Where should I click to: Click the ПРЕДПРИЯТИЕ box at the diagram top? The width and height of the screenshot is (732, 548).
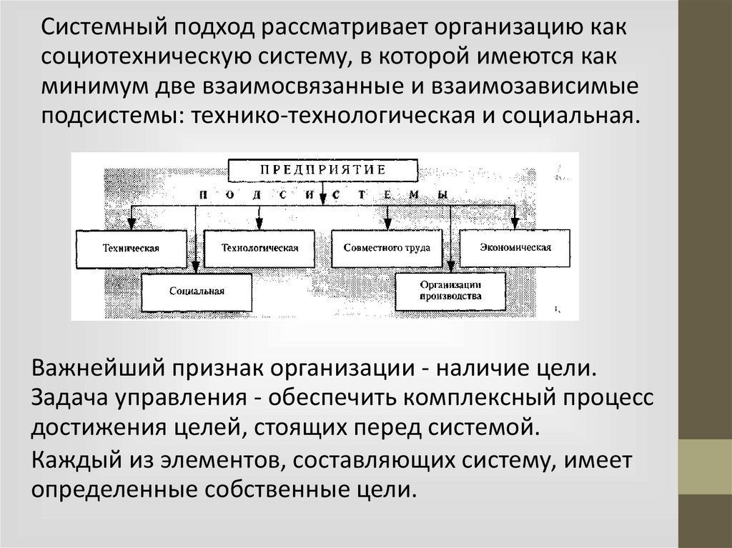pyautogui.click(x=322, y=170)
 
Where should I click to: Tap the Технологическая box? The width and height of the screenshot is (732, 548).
pyautogui.click(x=260, y=248)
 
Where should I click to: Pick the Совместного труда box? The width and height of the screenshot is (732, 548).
pyautogui.click(x=386, y=248)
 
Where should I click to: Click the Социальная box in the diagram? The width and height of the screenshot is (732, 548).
pyautogui.click(x=197, y=292)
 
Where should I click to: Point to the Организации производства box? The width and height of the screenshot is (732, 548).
pyautogui.click(x=450, y=289)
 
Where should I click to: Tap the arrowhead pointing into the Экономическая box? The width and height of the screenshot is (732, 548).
pyautogui.click(x=513, y=221)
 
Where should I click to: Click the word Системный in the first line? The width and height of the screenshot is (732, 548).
pyautogui.click(x=90, y=29)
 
